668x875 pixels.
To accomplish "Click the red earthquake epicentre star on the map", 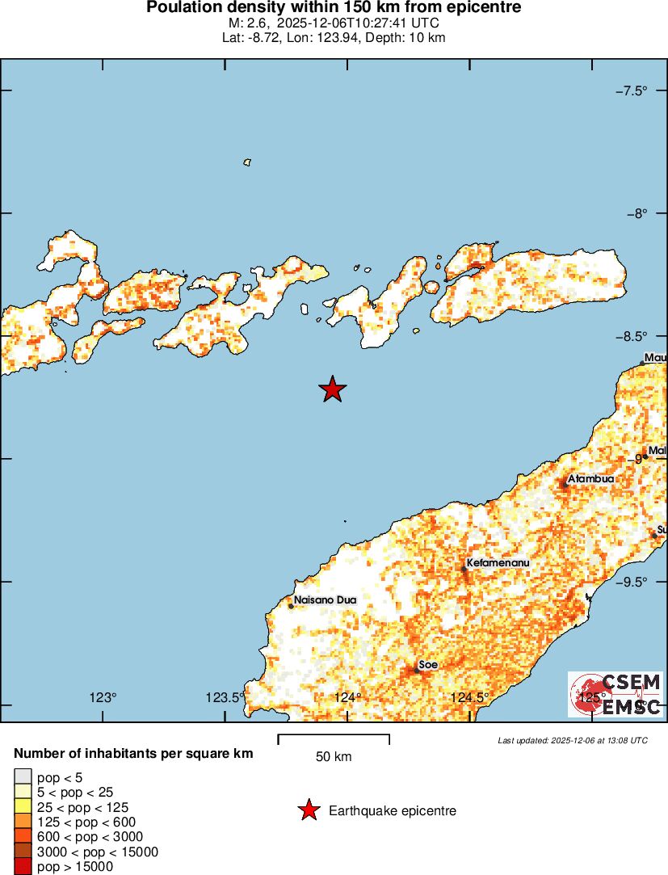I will pos(332,389).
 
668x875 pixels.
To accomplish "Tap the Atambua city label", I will pos(590,479).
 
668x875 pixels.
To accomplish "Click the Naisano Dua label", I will pos(325,599).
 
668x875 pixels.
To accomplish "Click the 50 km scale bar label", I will pos(334,757).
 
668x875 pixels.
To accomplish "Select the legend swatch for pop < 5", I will pos(22,777).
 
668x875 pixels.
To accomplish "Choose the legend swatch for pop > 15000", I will pos(22,867).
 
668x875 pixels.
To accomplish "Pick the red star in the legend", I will pos(309,810).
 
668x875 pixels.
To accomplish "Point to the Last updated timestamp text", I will pos(573,740).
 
